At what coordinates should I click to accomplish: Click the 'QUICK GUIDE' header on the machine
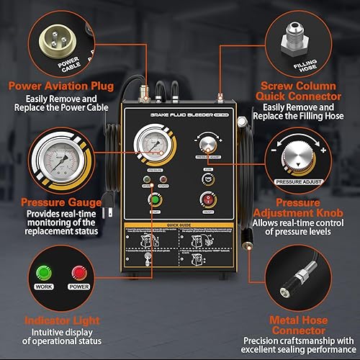[179, 224]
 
